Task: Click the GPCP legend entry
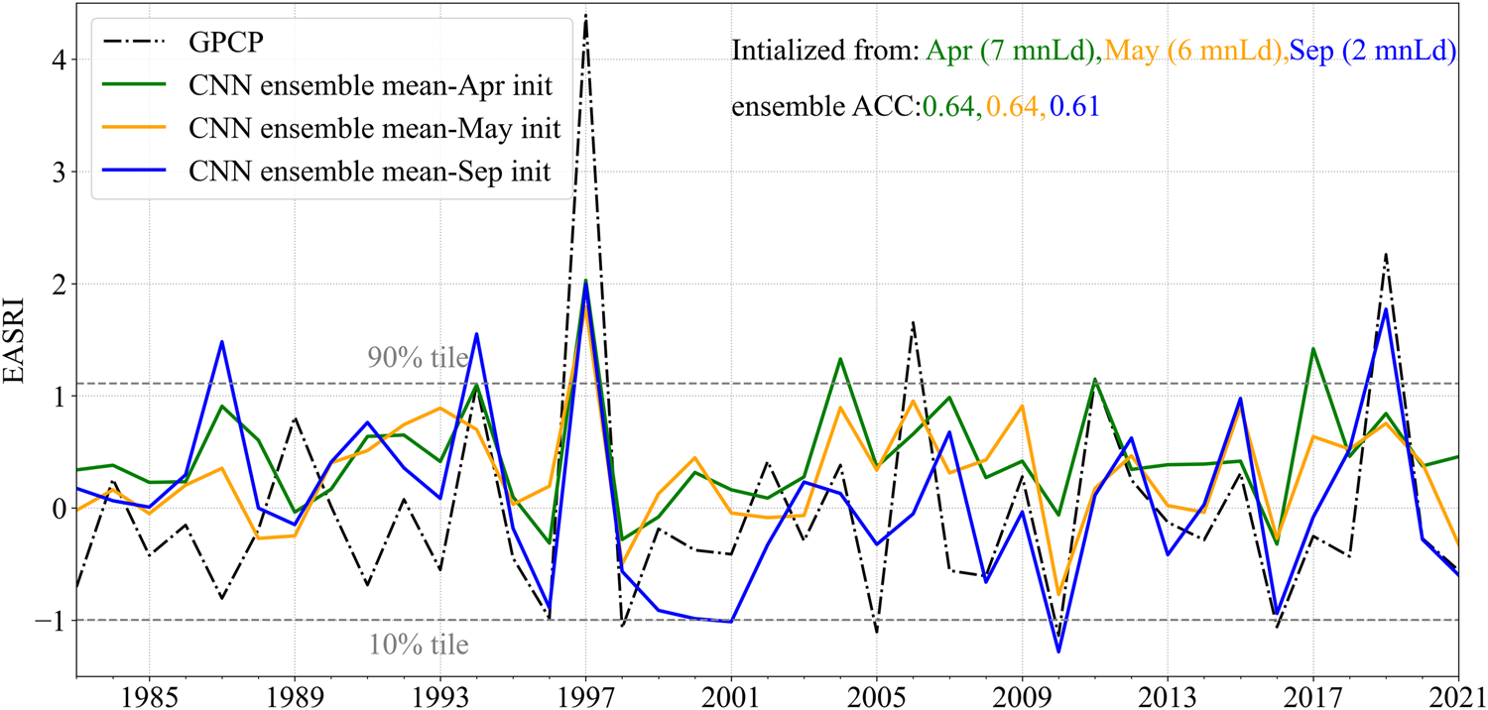click(214, 46)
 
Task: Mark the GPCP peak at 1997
click(585, 14)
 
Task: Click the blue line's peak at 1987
click(221, 342)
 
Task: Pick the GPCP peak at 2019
click(1385, 254)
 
